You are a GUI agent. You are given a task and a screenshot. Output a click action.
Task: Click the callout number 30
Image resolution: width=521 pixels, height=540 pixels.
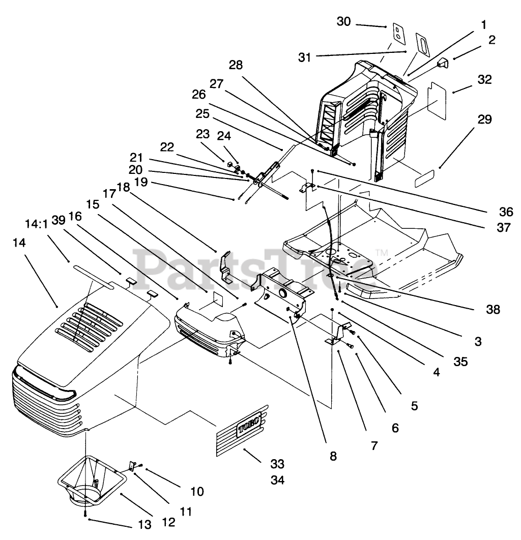344,22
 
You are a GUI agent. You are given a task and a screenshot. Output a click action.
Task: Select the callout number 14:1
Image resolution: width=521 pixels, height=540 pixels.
36,224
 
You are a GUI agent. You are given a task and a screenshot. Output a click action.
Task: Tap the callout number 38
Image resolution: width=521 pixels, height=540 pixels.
493,309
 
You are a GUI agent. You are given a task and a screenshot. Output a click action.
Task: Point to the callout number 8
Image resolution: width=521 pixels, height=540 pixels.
333,456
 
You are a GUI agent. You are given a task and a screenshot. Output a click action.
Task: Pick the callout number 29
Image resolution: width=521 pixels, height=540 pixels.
485,121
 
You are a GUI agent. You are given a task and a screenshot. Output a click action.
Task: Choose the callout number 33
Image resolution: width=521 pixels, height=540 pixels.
278,464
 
